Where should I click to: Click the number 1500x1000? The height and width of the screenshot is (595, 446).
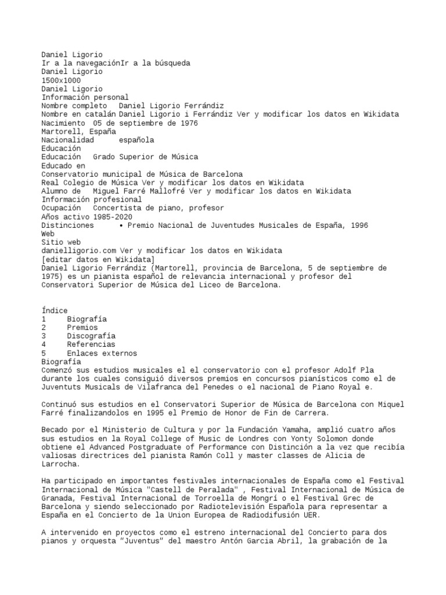pos(61,80)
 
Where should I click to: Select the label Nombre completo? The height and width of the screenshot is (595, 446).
pos(74,106)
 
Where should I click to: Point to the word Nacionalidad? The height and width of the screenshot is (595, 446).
pos(67,140)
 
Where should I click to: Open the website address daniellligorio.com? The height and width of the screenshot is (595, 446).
pos(78,250)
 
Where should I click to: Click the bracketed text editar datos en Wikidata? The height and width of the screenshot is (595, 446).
pos(98,259)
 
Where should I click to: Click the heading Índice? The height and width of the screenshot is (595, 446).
pos(55,310)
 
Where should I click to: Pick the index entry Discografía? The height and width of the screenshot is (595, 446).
pos(91,336)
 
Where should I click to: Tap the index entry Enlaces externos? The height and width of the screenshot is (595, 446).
pos(102,353)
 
